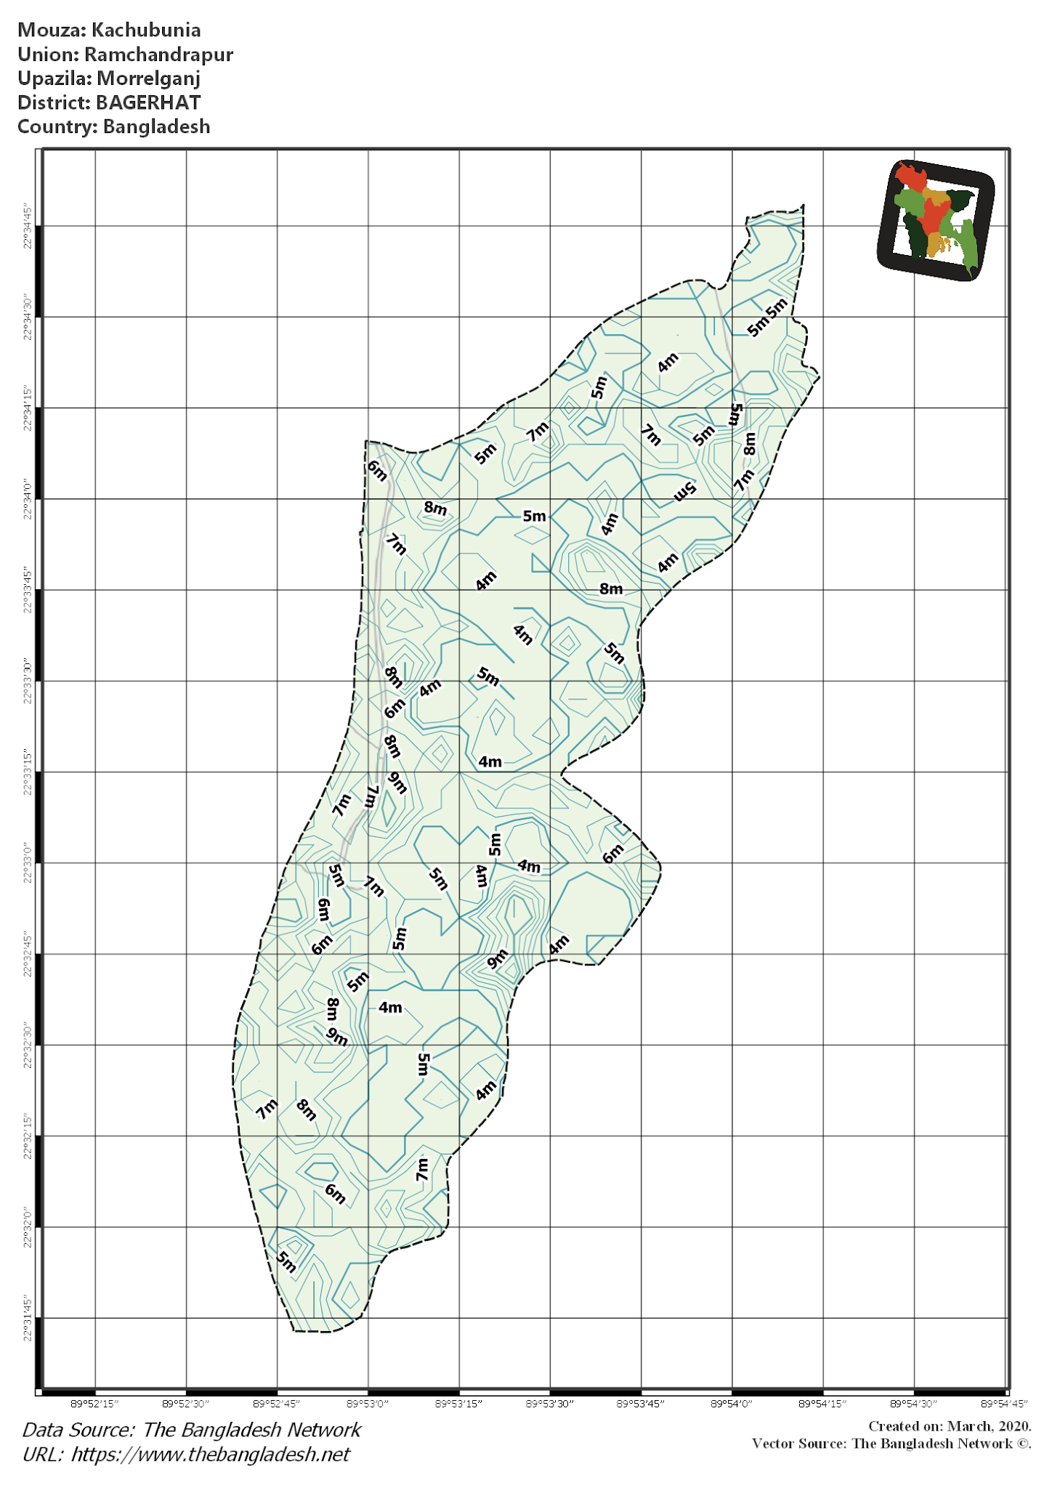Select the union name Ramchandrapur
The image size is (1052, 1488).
(x=158, y=54)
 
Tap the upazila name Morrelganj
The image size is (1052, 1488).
(x=148, y=78)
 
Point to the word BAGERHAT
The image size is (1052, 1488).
(x=148, y=102)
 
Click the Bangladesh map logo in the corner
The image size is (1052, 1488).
(x=936, y=219)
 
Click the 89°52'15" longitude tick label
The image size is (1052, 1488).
(x=95, y=1404)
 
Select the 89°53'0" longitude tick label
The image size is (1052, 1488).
(x=368, y=1404)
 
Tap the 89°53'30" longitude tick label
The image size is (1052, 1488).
(x=550, y=1404)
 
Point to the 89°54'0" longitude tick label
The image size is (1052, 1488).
(x=732, y=1404)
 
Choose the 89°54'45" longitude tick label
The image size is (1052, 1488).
(x=1005, y=1404)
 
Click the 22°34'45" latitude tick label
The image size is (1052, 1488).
(x=28, y=226)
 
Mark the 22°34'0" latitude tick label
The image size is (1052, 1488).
(x=28, y=498)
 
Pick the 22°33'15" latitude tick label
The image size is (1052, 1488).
(x=28, y=772)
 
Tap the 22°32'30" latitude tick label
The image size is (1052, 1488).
(x=28, y=1045)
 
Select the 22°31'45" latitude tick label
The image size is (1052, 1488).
(x=28, y=1317)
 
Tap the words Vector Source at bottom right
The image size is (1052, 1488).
(x=798, y=1443)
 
